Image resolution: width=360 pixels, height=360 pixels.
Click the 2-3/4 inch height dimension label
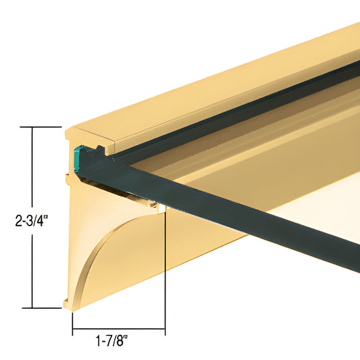32,221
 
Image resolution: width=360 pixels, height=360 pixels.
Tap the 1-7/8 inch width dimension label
111,340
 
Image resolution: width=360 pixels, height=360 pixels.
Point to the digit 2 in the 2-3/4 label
18,221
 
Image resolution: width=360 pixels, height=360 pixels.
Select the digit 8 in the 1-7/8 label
120,341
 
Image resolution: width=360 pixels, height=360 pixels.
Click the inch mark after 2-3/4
47,216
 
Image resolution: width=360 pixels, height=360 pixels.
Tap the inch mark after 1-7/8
126,336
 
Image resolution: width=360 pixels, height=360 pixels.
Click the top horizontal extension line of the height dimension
41,127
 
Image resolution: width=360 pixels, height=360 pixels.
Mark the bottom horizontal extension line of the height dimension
42,308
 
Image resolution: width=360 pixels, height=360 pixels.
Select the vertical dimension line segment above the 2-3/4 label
32,167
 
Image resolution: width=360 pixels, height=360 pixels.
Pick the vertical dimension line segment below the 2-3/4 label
32,271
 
